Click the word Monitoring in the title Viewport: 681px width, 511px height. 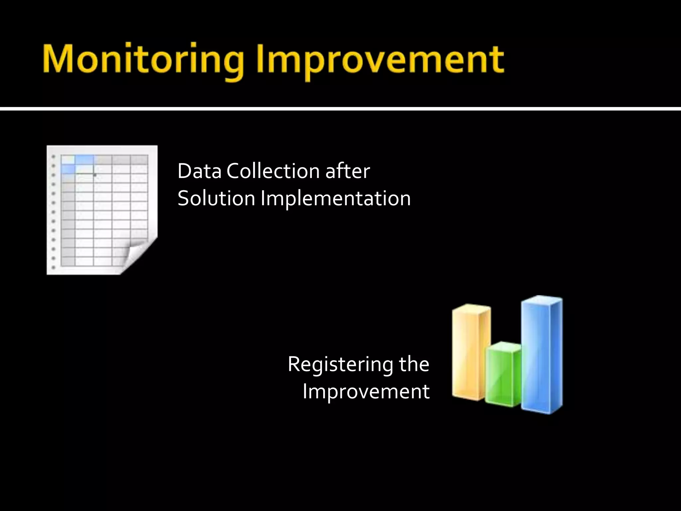tap(143, 60)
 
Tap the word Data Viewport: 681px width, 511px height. tap(199, 171)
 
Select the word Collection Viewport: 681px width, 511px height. tap(273, 171)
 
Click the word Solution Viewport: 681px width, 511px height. tap(216, 199)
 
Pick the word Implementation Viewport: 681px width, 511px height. tap(336, 199)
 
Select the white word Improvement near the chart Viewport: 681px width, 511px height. tap(366, 391)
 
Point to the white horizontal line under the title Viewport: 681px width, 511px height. tap(340, 109)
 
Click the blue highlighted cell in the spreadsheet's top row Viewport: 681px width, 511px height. tap(85, 160)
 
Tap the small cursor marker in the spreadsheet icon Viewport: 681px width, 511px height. tap(95, 174)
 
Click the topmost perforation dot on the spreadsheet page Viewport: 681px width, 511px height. tap(54, 156)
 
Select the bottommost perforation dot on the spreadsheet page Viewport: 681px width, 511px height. tap(54, 267)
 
